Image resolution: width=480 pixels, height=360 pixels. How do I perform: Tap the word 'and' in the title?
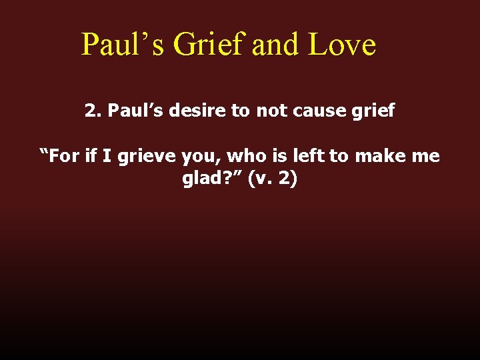tap(275, 45)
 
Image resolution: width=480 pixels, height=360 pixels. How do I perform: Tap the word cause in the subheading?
tap(313, 110)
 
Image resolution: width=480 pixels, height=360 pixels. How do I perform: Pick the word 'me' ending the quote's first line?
tap(426, 157)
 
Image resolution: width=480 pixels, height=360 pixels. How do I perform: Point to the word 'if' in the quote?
tap(92, 156)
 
